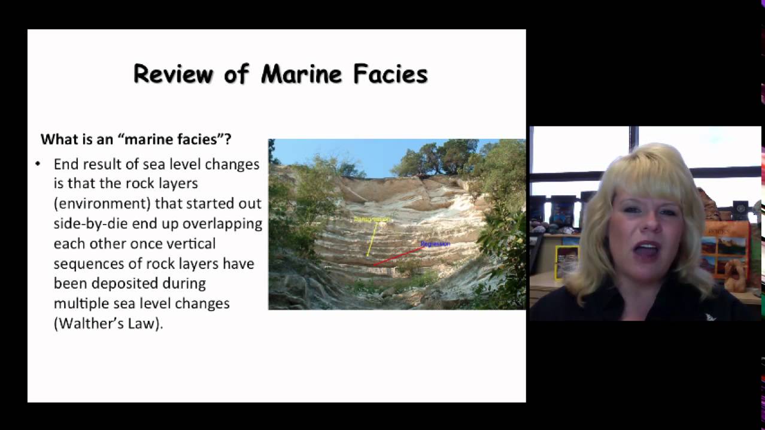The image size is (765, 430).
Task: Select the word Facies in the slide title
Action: tap(390, 74)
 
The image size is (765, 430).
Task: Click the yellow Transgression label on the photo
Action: tap(372, 220)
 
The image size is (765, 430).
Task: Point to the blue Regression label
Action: tap(435, 244)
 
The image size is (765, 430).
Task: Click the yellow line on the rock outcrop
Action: tap(372, 240)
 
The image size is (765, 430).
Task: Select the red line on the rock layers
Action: tap(398, 256)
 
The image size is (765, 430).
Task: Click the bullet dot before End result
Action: tap(38, 163)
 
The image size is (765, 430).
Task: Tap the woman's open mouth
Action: tap(647, 250)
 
